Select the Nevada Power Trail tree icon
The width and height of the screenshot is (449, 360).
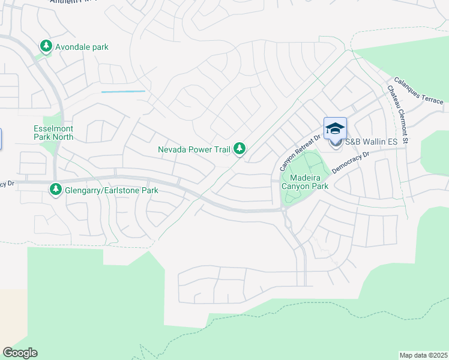240,148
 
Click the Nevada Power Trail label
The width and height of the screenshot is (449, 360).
194,149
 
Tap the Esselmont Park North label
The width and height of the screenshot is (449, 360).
53,132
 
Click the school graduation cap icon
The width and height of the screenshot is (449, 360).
336,128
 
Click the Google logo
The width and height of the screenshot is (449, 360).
20,353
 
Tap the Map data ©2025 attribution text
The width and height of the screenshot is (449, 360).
423,355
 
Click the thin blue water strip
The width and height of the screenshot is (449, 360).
123,91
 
